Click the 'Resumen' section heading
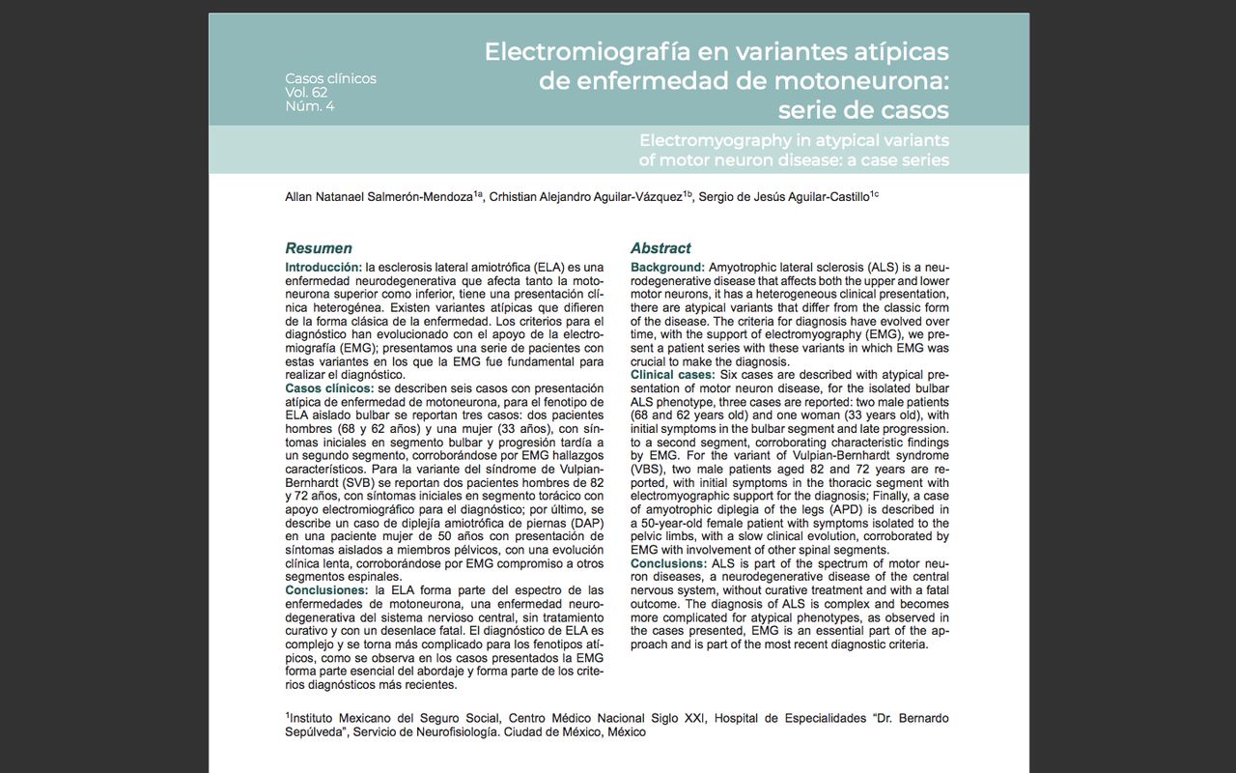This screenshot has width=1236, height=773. (319, 248)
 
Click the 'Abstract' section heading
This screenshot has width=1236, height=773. (660, 248)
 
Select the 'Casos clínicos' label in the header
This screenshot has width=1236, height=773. (330, 78)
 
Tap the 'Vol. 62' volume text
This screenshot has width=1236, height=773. (306, 93)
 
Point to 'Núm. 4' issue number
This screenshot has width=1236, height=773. (309, 106)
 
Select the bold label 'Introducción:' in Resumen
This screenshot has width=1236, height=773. (323, 267)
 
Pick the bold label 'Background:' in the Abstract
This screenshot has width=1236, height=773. (667, 267)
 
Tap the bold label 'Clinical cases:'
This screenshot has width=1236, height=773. (673, 375)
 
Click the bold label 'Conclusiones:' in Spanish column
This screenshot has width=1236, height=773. (326, 590)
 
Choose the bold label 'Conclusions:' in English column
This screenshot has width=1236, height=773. (668, 563)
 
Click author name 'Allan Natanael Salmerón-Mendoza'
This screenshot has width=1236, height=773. (379, 197)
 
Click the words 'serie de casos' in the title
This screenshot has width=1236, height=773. (863, 109)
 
